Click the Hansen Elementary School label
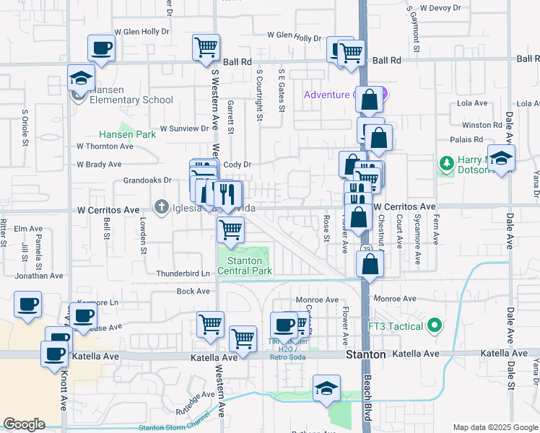click(x=127, y=100)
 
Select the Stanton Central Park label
click(x=250, y=266)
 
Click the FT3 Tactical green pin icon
click(x=434, y=326)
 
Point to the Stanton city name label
click(x=365, y=355)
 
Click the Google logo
click(x=25, y=424)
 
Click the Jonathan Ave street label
click(x=38, y=276)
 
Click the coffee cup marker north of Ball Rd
click(x=101, y=49)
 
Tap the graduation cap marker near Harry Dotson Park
click(x=500, y=159)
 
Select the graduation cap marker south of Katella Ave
click(x=326, y=388)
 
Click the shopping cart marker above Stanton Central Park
click(x=230, y=230)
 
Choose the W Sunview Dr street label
click(x=184, y=128)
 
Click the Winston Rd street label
click(x=482, y=125)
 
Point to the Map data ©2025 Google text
click(x=495, y=427)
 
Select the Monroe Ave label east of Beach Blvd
click(x=395, y=298)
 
